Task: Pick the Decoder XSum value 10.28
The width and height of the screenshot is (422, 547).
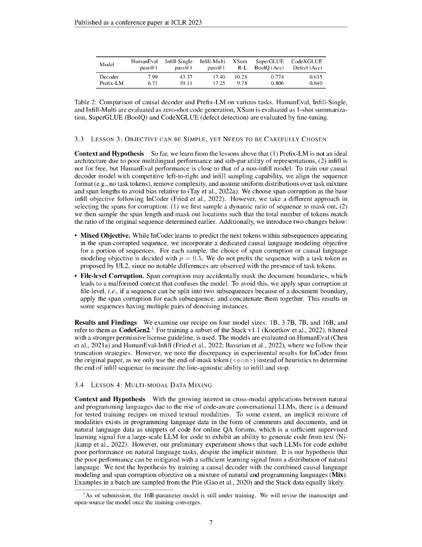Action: click(x=242, y=77)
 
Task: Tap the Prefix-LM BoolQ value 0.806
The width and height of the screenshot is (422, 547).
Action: click(x=276, y=84)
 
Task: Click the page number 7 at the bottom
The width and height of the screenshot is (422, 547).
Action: click(x=211, y=522)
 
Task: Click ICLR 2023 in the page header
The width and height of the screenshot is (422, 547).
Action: click(x=189, y=23)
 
